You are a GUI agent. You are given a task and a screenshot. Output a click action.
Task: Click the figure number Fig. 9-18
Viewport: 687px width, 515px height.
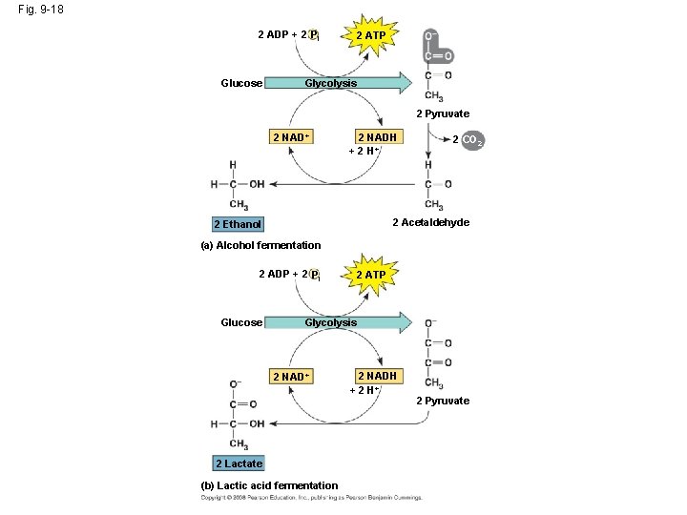pos(40,11)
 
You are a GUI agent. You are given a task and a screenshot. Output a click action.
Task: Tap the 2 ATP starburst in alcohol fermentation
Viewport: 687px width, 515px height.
pos(370,36)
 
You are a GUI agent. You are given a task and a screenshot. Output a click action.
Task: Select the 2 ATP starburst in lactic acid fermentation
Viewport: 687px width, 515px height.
pos(370,275)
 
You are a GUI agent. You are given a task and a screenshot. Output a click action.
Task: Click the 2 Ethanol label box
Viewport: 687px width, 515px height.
pos(238,224)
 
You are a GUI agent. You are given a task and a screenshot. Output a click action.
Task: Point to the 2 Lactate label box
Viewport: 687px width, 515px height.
pos(239,463)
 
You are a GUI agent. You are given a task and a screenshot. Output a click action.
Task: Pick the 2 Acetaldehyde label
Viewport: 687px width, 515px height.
pos(430,222)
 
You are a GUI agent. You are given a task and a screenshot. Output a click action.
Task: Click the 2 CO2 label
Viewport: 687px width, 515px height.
pos(468,140)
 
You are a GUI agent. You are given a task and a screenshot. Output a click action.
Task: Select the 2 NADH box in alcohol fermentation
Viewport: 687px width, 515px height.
pos(376,136)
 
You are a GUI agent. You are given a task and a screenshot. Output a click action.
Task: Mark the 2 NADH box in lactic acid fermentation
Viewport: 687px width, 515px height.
pos(376,376)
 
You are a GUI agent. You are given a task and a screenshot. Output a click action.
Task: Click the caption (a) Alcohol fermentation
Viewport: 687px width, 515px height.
pos(260,245)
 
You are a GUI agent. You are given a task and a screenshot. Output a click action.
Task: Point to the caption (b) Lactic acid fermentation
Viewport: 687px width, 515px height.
pos(269,485)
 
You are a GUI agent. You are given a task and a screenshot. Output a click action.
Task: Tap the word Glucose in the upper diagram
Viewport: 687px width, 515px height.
pos(241,83)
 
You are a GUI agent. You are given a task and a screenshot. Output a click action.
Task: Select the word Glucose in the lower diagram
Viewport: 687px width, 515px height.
pos(241,322)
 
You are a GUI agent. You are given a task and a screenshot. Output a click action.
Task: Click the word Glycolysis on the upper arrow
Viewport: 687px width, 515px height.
pos(330,83)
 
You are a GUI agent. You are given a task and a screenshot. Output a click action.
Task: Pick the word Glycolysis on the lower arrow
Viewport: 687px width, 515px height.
pos(330,322)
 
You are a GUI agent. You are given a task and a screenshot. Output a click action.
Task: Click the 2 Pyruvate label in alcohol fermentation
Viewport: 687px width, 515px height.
pos(442,114)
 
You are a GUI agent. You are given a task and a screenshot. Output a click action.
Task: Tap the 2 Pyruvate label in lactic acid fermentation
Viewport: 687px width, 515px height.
pos(442,401)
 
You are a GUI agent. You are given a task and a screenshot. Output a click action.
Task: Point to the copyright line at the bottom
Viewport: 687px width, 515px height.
pos(311,497)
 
